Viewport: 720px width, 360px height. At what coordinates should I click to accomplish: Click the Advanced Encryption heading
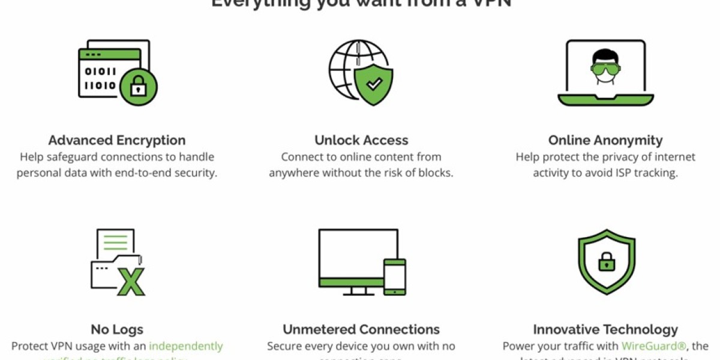coord(117,140)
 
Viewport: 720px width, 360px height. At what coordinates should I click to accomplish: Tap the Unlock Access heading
coord(361,140)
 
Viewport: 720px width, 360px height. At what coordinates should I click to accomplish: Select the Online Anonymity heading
coord(605,140)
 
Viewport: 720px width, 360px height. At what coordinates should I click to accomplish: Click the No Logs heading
coord(117,329)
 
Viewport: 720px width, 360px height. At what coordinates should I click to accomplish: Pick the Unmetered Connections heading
coord(361,329)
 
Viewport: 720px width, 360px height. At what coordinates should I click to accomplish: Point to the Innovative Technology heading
coord(605,329)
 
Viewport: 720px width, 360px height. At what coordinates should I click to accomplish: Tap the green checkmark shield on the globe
coord(374,85)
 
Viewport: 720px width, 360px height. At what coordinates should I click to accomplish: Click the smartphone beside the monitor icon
coord(394,277)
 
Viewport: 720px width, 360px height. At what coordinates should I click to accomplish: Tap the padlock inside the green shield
coord(606,261)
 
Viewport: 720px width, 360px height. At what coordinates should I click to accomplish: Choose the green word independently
coord(185,346)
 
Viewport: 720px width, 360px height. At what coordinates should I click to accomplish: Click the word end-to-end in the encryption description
coord(157,173)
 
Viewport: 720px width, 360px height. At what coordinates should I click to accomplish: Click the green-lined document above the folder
coord(115,242)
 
